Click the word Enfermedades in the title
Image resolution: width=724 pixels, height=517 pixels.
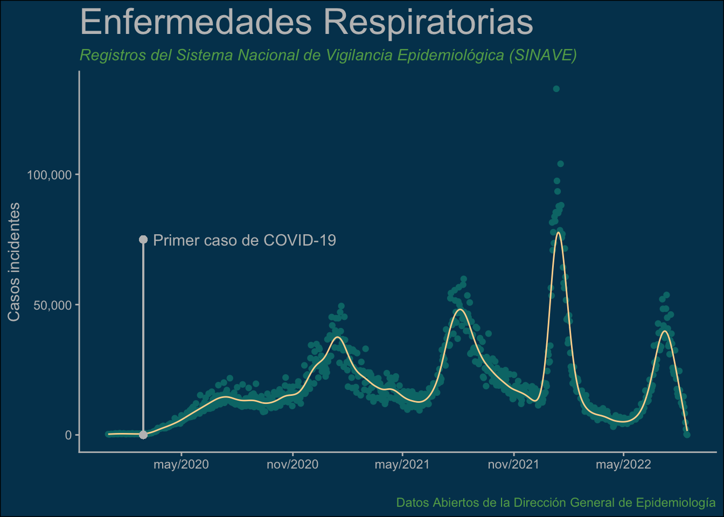coord(196,22)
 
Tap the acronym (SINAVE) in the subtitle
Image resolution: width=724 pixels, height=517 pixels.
coord(543,55)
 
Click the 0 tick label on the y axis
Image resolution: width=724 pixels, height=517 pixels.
coord(68,435)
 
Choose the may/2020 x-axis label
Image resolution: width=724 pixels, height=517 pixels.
coord(182,465)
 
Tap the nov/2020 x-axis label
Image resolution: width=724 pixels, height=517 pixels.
coord(293,465)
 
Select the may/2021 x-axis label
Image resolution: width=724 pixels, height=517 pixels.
coord(402,465)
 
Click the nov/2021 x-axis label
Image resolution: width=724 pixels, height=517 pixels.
coord(513,465)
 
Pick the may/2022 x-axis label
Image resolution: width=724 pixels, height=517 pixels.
coord(623,465)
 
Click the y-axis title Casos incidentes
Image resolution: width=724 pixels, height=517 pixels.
coord(14,262)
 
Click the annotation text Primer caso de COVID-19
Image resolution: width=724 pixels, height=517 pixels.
coord(245,240)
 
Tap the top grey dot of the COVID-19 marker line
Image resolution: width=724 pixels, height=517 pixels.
coord(143,240)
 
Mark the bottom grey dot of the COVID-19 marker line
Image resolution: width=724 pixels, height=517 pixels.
coord(143,435)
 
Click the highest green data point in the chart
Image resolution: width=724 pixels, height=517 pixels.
coord(556,89)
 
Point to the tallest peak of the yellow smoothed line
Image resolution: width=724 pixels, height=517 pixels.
coord(558,232)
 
